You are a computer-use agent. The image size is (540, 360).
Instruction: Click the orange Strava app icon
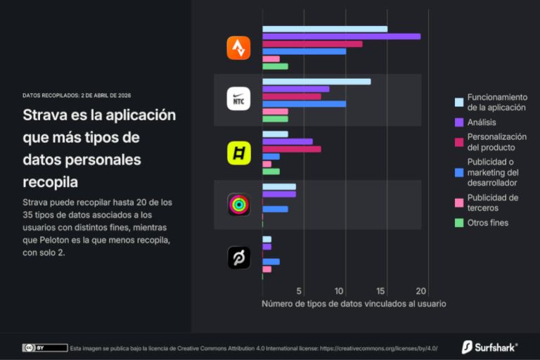click(x=238, y=48)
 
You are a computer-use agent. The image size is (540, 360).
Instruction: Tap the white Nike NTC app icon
click(x=238, y=99)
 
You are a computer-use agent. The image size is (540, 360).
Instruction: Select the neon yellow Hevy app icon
click(x=238, y=153)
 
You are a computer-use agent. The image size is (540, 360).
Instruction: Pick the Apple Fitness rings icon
click(x=238, y=205)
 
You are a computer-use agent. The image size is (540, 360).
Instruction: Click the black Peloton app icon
click(x=238, y=257)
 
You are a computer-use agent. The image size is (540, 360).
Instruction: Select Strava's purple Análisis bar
click(x=341, y=36)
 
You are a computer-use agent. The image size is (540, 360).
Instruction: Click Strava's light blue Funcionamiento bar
click(x=324, y=29)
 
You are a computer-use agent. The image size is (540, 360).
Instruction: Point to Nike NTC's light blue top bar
click(x=316, y=82)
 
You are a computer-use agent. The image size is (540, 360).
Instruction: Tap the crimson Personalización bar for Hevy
click(x=291, y=149)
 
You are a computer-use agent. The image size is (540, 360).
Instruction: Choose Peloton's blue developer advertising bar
click(x=271, y=262)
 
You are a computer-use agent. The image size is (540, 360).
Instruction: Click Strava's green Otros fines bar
click(x=275, y=67)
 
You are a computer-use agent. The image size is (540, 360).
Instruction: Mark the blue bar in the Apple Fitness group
click(x=275, y=209)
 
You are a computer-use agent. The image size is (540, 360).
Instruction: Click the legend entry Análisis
click(x=482, y=122)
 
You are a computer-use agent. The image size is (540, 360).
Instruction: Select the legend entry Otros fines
click(x=487, y=223)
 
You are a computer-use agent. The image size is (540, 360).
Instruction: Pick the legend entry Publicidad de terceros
click(x=492, y=202)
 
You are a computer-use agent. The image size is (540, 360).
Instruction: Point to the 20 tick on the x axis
click(x=421, y=291)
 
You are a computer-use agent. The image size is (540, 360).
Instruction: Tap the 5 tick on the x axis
click(x=300, y=291)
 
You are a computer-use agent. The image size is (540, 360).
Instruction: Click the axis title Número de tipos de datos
click(x=354, y=304)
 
